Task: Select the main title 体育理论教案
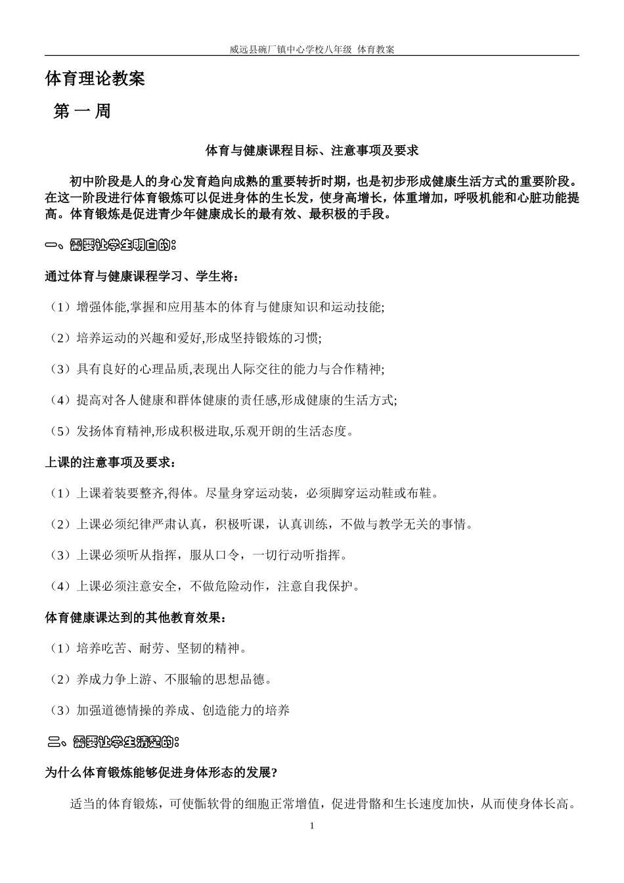[95, 79]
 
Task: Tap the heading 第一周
[82, 112]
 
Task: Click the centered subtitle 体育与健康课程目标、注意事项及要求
[312, 151]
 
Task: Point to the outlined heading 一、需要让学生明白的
[111, 246]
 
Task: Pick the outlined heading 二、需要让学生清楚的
[114, 742]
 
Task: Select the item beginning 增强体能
[217, 307]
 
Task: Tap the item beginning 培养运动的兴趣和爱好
[185, 338]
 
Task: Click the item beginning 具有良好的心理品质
[217, 369]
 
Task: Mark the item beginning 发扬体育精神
[204, 432]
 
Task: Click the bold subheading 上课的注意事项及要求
[110, 463]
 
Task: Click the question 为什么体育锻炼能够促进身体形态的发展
[161, 773]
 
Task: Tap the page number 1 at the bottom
[312, 826]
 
